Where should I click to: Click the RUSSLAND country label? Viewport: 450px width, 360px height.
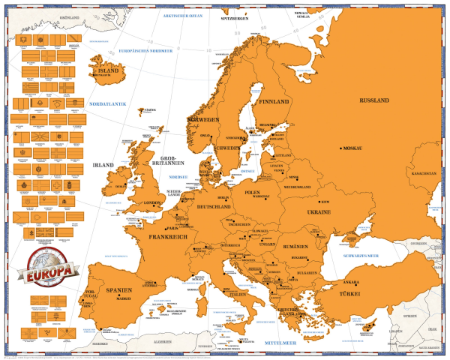(374, 100)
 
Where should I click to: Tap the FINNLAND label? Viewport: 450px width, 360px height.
(274, 101)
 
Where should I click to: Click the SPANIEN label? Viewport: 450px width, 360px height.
(118, 289)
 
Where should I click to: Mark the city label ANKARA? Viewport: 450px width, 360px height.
(352, 283)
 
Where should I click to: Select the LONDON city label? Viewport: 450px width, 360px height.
(153, 202)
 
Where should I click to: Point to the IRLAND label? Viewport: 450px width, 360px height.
(102, 164)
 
